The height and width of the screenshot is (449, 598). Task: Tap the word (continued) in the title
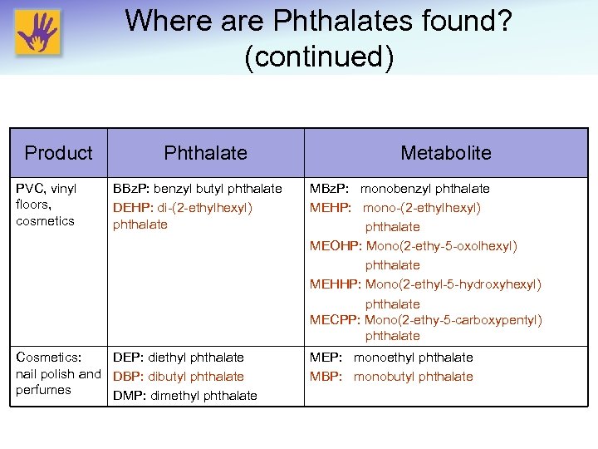pos(319,57)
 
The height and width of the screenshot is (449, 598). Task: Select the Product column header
pos(58,153)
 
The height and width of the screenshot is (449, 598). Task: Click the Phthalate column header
pos(205,153)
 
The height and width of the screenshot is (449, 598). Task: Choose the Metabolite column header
pos(445,153)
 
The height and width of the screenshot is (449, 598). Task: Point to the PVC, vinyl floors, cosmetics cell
pos(47,205)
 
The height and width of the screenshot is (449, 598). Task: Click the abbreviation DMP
pos(127,396)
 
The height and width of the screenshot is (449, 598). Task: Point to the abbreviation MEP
pos(326,358)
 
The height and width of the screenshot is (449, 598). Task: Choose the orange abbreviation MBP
pos(326,377)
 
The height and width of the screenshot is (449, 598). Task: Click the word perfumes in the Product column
pos(43,390)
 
